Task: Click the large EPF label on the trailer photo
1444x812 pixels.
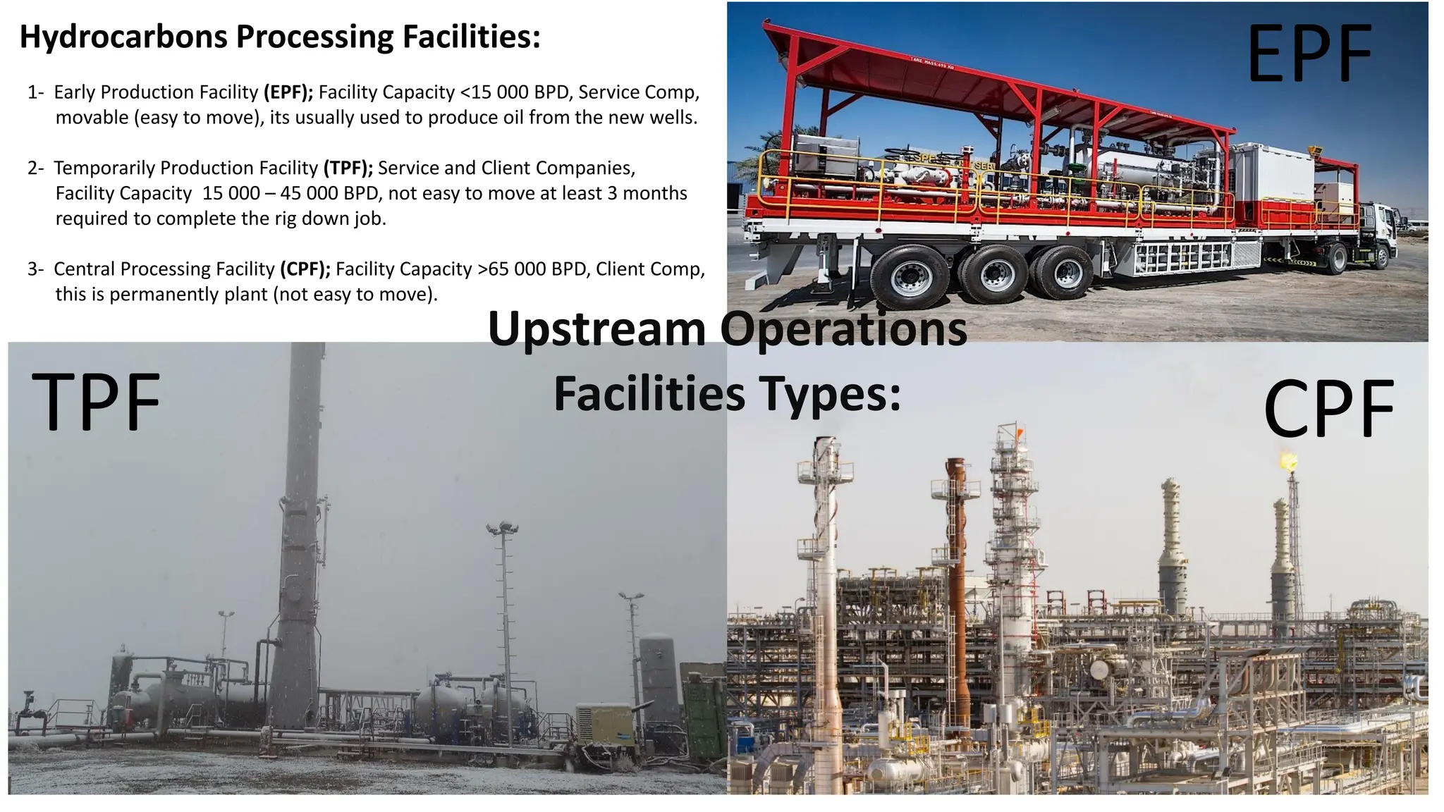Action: (1309, 54)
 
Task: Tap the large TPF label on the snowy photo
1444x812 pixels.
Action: (97, 402)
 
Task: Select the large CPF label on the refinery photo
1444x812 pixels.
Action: (1328, 409)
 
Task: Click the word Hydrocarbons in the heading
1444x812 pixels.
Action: (123, 37)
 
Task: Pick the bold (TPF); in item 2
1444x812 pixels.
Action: (348, 168)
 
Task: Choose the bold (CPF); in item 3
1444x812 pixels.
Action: (305, 269)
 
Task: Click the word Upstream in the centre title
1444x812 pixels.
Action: (596, 329)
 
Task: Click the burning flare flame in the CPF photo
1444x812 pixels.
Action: (1289, 462)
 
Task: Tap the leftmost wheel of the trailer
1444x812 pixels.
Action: (910, 278)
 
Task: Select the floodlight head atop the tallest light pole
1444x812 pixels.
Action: (502, 527)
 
